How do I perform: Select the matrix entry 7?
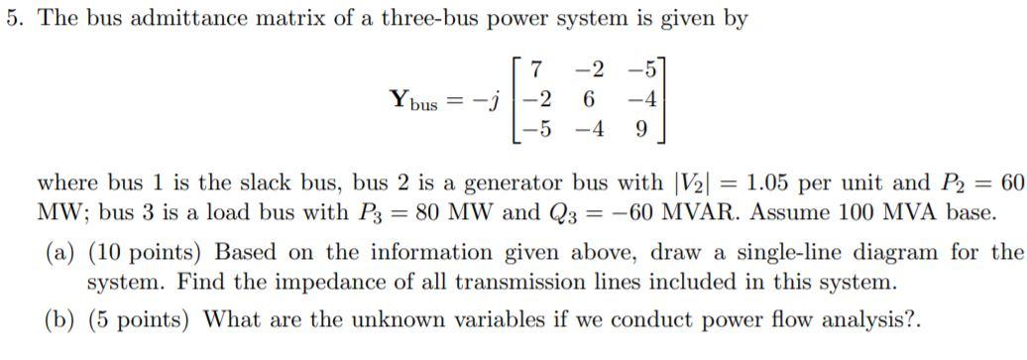coord(536,70)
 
